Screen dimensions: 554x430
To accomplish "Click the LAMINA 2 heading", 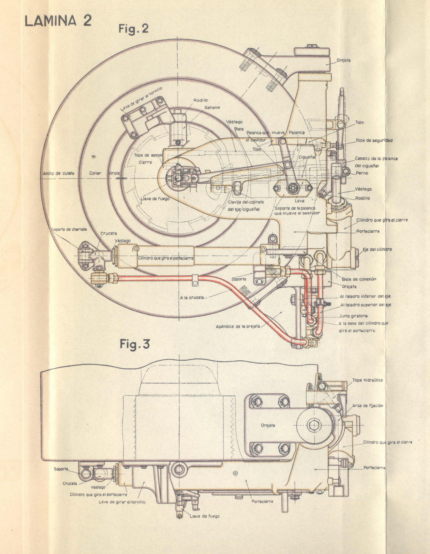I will pos(58,21).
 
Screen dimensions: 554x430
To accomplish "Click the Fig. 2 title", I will pos(133,28).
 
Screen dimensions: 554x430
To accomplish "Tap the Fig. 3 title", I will pos(134,344).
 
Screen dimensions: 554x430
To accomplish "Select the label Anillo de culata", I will pos(59,173).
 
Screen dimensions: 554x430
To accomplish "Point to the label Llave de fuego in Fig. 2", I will pos(155,199).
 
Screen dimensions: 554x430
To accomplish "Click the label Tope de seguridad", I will pos(374,140).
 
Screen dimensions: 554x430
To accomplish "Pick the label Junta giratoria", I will pos(353,316).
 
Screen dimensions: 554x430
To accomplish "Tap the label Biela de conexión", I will pos(359,279).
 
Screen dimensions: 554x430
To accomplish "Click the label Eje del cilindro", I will pos(377,249).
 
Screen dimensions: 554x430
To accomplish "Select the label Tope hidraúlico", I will pos(367,380).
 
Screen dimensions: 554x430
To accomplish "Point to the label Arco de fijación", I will pos(367,406).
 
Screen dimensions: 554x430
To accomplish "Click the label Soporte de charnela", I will pos(69,229).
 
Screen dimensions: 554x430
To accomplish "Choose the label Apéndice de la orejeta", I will pos(238,326).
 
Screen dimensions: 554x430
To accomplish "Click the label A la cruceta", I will pos(192,297).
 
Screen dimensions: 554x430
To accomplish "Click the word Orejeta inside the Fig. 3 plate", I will pos(268,425).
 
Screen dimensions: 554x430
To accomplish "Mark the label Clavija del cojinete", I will pos(246,202).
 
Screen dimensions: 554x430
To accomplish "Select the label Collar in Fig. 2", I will pos(95,173).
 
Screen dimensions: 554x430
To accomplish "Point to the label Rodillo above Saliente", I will pos(201,100).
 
